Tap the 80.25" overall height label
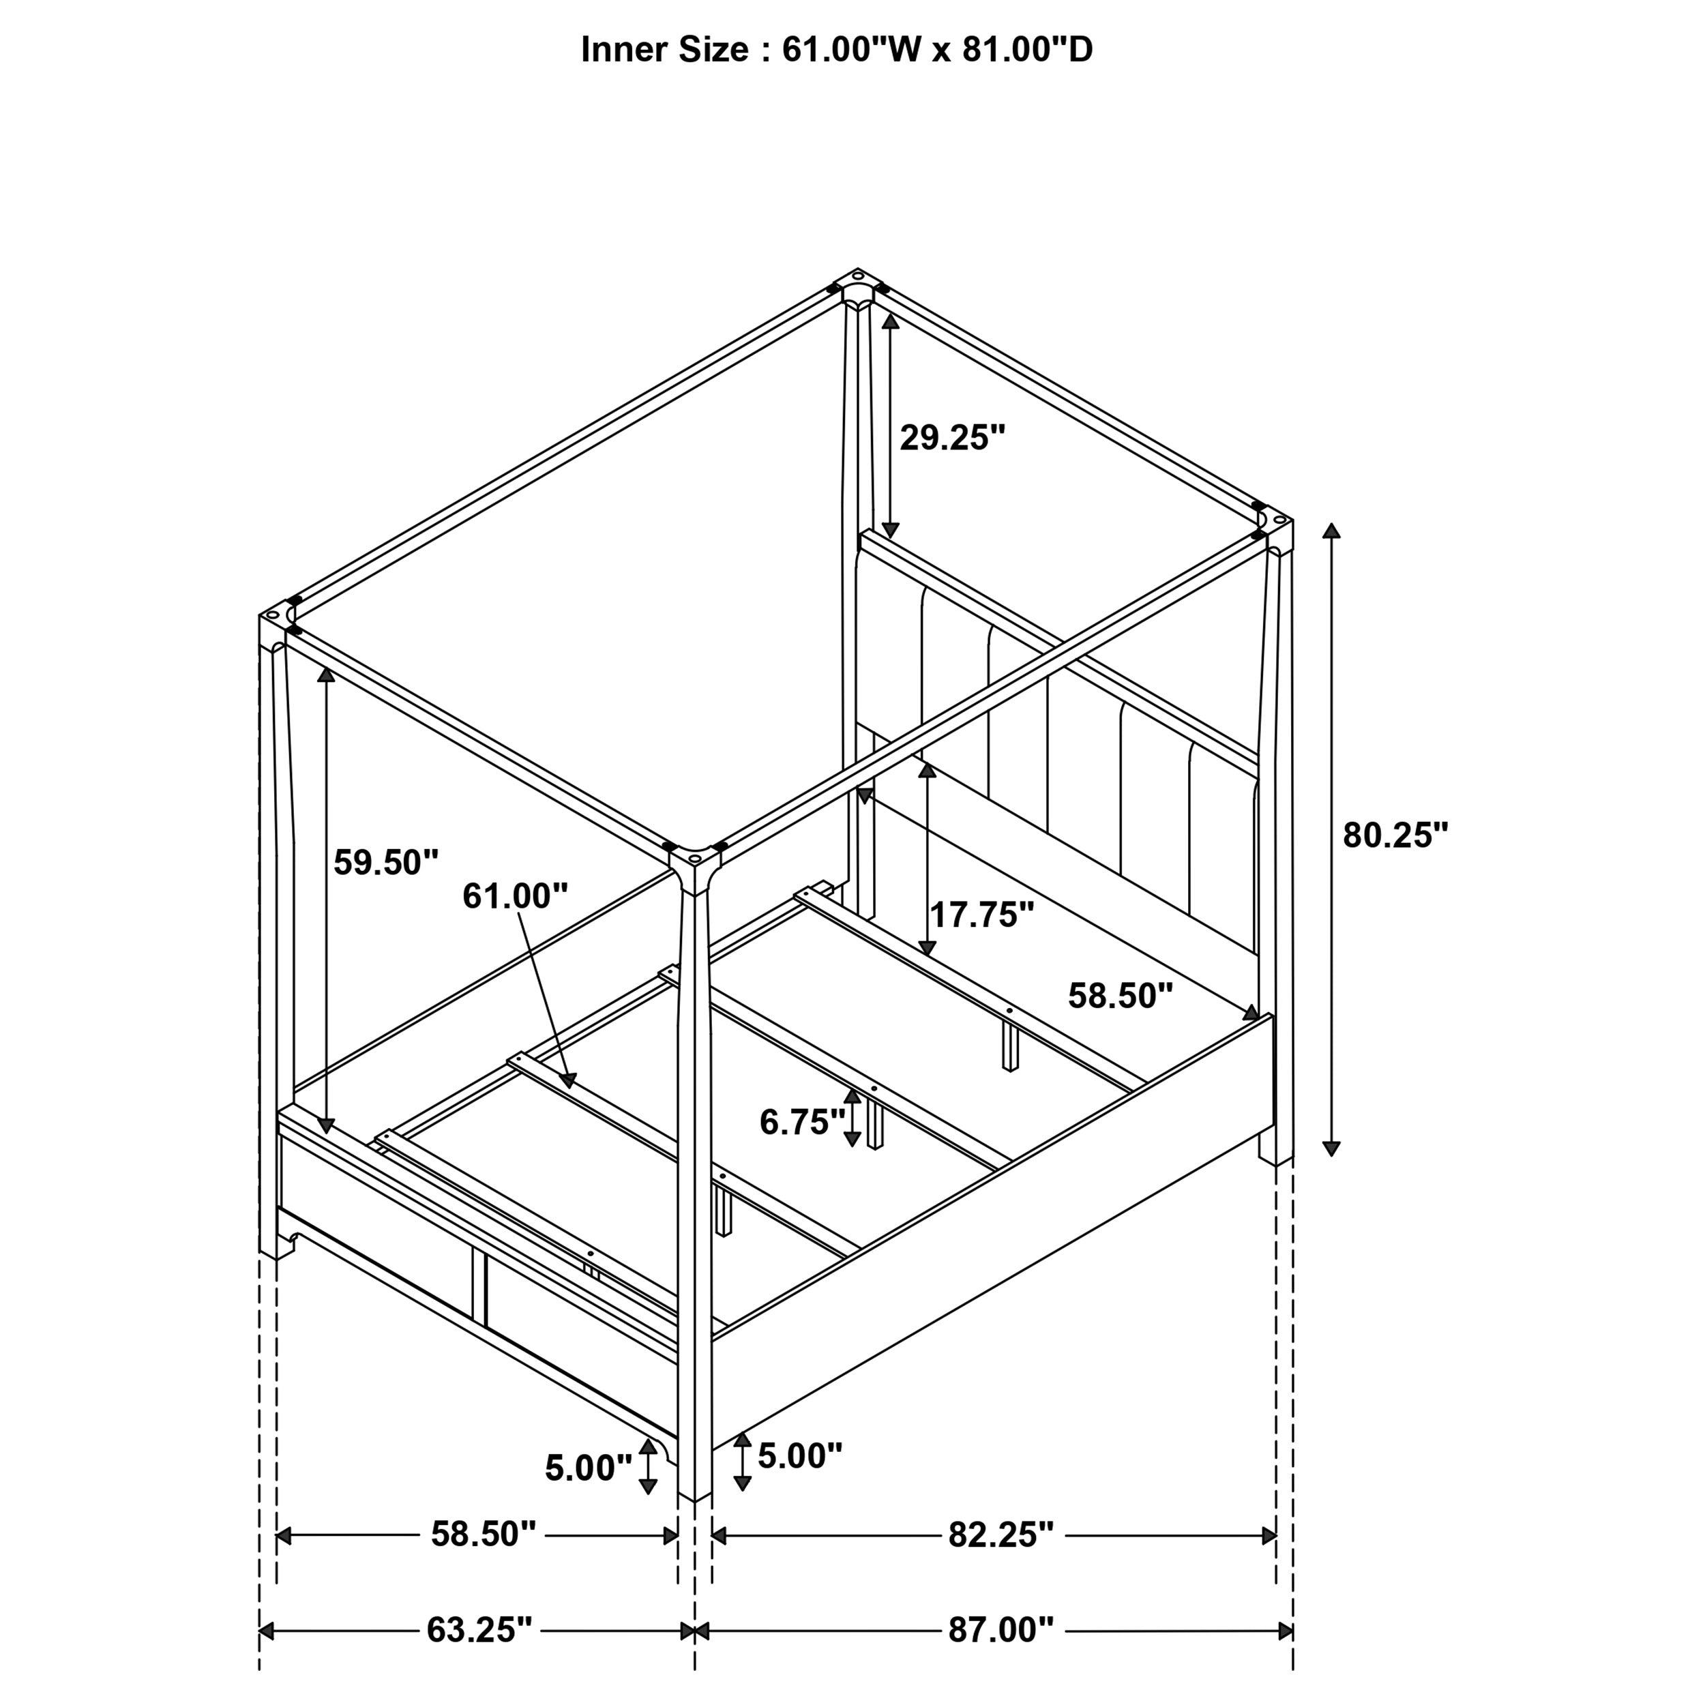[1395, 835]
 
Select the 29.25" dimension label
[952, 438]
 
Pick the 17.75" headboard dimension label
[981, 915]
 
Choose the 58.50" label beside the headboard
[1120, 996]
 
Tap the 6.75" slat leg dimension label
[801, 1122]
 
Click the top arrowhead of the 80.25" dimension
[1331, 531]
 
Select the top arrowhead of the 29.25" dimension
[891, 321]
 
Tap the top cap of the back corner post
[856, 287]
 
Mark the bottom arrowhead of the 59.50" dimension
[327, 1126]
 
